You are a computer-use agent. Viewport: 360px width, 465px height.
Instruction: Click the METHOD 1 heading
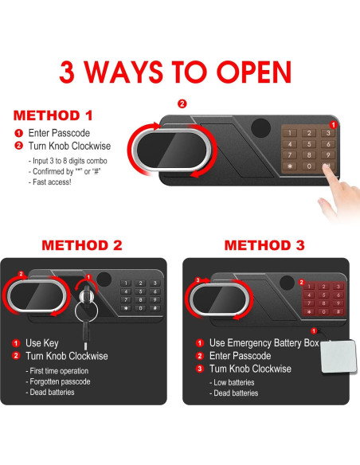pos(53,115)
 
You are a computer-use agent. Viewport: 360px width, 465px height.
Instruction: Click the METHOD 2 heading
pos(82,245)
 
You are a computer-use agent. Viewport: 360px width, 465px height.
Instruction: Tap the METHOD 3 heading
pos(264,245)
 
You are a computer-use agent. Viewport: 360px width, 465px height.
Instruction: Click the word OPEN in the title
pos(254,72)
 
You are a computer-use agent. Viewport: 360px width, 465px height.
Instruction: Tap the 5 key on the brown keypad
pos(309,144)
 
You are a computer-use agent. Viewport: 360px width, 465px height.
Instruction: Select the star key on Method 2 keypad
pos(126,308)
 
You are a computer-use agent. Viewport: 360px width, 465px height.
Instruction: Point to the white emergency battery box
pos(338,357)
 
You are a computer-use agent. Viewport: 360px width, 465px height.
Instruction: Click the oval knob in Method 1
pos(171,150)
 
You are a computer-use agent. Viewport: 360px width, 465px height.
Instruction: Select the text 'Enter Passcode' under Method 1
pos(59,133)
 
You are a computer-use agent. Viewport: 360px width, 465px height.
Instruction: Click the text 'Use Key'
pos(41,343)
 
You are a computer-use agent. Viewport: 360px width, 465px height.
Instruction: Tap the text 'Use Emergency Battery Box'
pos(264,343)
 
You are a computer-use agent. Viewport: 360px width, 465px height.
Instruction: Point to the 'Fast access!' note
pos(52,182)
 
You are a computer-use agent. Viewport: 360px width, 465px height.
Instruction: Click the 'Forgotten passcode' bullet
pos(58,381)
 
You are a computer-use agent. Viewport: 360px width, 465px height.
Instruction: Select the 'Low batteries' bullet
pos(232,382)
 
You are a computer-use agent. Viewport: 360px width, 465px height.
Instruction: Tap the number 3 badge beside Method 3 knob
pos(198,279)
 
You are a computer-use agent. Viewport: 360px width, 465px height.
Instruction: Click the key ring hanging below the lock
pos(86,311)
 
